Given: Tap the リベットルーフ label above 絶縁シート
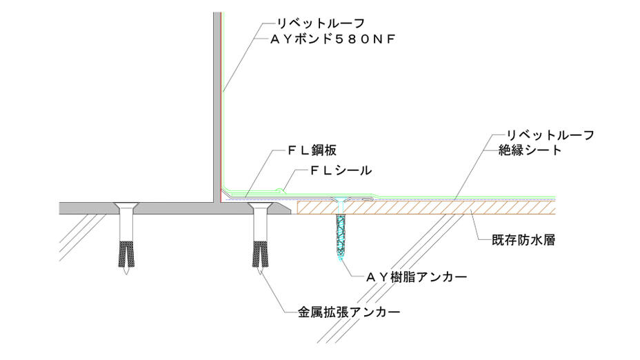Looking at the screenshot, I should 550,134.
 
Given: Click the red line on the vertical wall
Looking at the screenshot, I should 221,103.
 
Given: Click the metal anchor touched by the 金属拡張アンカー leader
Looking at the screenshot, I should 261,241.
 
